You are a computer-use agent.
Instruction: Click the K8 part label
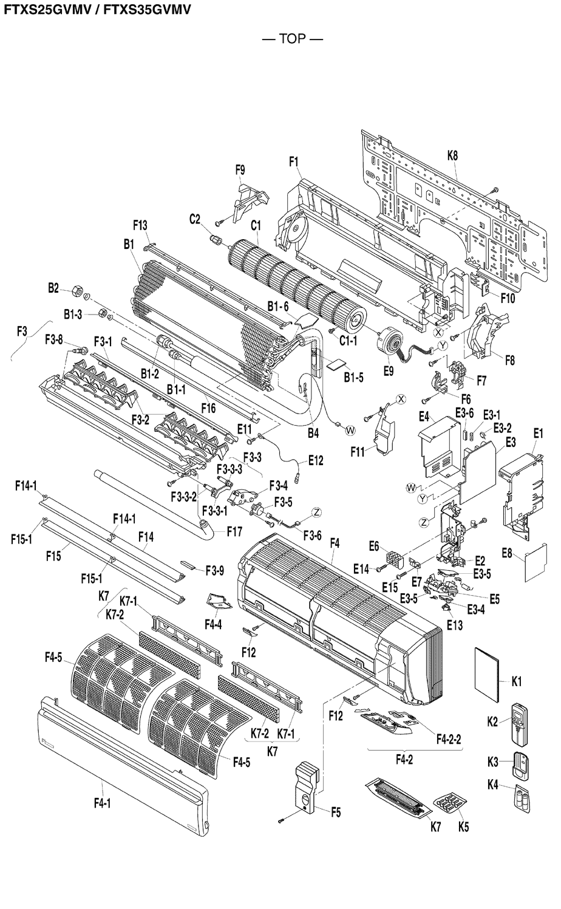452,155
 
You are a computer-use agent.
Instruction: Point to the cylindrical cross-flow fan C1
291,276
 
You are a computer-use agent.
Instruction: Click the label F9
240,170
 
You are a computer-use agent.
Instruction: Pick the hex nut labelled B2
78,289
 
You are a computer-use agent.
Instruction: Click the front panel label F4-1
102,803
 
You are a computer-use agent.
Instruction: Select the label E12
315,461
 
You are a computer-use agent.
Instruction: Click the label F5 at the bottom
335,811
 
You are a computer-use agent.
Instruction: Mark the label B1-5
353,377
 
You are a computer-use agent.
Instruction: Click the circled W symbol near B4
350,430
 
